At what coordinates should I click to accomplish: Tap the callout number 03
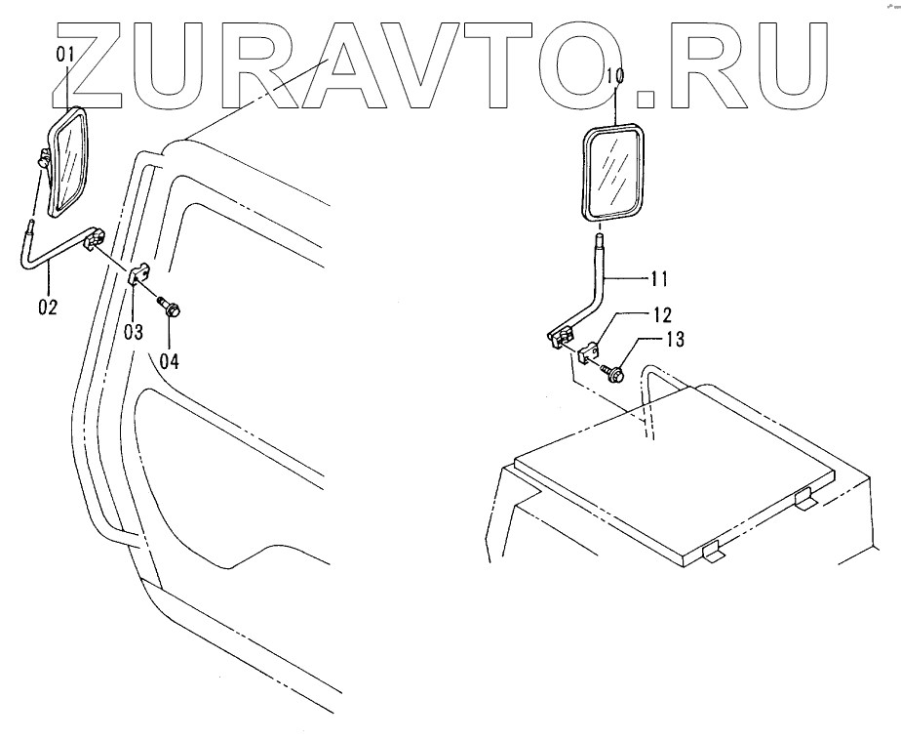(134, 331)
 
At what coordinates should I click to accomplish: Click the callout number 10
(614, 76)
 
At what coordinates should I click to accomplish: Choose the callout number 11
(659, 279)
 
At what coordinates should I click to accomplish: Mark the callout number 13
(675, 340)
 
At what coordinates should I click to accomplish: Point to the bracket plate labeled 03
(138, 274)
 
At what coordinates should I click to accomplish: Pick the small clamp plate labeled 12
(590, 352)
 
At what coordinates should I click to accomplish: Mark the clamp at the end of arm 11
(560, 338)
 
